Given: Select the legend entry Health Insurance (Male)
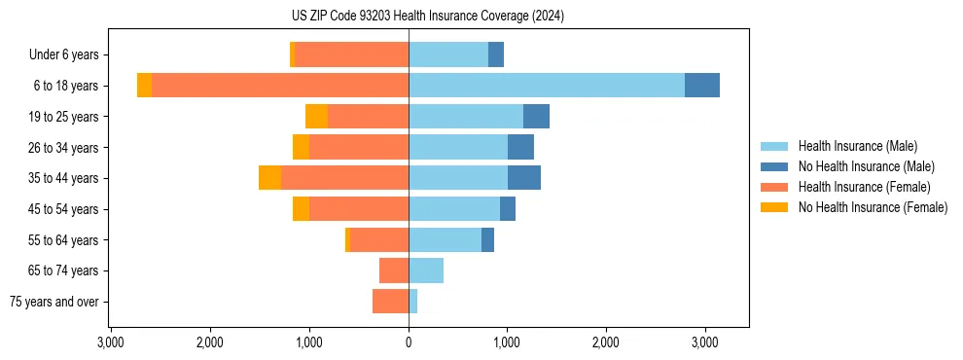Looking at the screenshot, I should pyautogui.click(x=856, y=146).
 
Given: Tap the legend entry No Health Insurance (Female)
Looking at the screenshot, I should pyautogui.click(x=873, y=207).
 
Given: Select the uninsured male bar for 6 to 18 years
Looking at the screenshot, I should pyautogui.click(x=702, y=86).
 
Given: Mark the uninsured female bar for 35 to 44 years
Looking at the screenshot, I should pyautogui.click(x=269, y=178).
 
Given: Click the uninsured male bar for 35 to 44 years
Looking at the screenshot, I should pyautogui.click(x=524, y=178).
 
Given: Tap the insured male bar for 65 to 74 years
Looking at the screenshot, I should pyautogui.click(x=426, y=270).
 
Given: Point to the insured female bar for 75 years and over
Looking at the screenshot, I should pyautogui.click(x=390, y=302).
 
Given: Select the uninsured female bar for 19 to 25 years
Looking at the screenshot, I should pyautogui.click(x=316, y=117).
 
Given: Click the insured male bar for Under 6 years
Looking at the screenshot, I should pyautogui.click(x=448, y=55).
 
